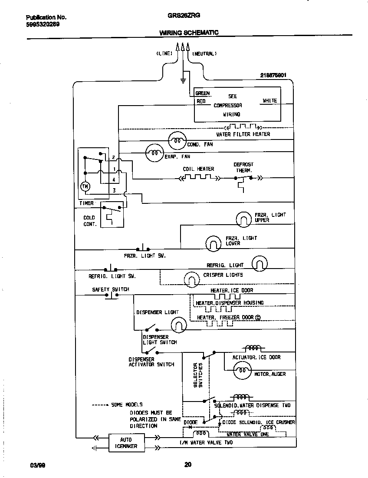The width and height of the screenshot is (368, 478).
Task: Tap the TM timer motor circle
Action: [x=85, y=186]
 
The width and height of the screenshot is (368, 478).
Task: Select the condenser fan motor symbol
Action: [x=177, y=140]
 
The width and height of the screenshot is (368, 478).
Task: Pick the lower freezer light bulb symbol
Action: [x=213, y=243]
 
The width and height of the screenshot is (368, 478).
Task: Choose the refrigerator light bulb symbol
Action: [x=260, y=263]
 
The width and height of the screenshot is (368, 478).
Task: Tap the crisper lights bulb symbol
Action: [x=191, y=279]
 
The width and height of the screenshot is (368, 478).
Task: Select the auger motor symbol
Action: [x=242, y=370]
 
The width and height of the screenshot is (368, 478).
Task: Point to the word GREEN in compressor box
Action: [x=202, y=93]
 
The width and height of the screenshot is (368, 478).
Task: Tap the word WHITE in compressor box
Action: [x=269, y=101]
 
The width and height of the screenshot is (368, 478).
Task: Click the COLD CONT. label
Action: [x=89, y=221]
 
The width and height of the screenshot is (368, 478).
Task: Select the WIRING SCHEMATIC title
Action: [x=189, y=33]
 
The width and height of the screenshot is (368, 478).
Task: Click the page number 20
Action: [x=188, y=465]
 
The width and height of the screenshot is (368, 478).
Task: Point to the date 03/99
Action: [x=38, y=465]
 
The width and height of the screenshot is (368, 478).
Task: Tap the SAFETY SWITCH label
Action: [x=110, y=289]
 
